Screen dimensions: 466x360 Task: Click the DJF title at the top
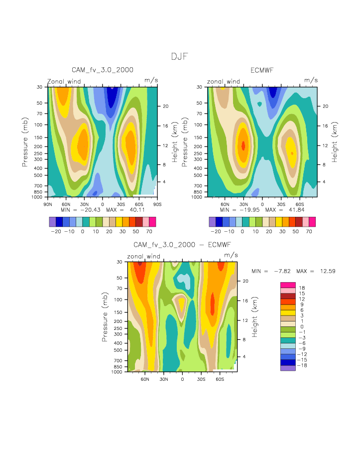point(180,57)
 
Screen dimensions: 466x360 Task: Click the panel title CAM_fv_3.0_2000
point(102,70)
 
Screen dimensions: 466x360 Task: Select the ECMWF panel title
point(262,70)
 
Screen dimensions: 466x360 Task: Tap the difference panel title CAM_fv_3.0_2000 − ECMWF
point(182,245)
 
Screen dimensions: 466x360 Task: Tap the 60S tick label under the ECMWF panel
point(298,203)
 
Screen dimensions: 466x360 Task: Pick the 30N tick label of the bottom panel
point(164,378)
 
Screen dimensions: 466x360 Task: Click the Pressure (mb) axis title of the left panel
point(24,142)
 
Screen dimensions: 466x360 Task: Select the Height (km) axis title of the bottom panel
point(254,317)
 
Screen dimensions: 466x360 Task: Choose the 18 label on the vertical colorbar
point(302,288)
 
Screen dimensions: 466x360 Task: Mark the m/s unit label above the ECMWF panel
point(311,80)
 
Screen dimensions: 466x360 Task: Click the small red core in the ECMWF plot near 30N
point(243,146)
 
